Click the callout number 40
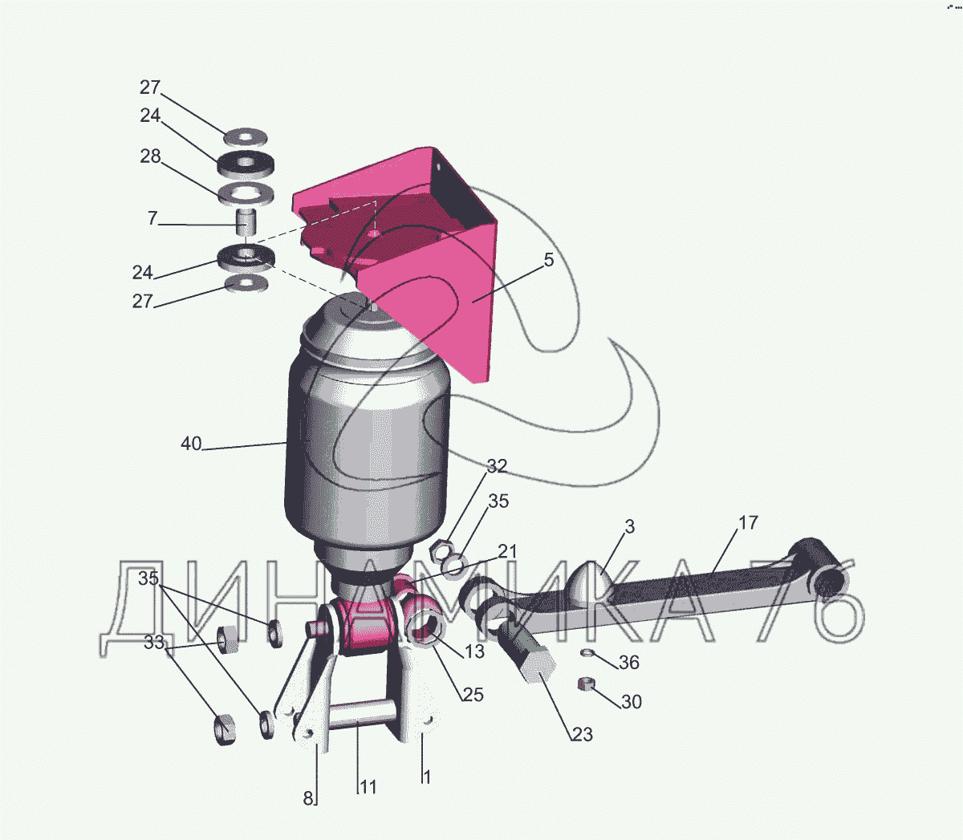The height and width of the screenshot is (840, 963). point(191,444)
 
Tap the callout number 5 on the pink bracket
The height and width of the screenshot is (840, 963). point(549,260)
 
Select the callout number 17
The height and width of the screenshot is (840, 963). point(749,522)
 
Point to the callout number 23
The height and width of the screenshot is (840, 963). point(583,734)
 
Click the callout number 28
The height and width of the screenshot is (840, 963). point(151,156)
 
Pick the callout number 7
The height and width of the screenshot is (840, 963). point(152,218)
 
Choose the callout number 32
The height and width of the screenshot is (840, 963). point(497,466)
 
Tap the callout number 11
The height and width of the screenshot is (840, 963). point(368,787)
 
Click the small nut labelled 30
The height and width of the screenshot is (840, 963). point(584,684)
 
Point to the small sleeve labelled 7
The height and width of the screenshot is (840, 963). point(246,222)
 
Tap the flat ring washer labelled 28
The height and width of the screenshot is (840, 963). point(246,194)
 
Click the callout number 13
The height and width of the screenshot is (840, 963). point(474,651)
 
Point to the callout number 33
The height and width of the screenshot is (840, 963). point(154,642)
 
